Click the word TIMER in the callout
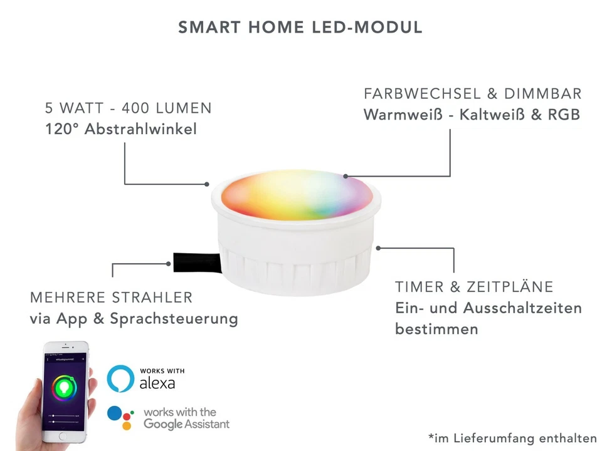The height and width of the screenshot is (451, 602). [x=419, y=287]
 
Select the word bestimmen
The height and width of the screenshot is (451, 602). [x=436, y=329]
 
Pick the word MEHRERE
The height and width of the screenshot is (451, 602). [x=66, y=297]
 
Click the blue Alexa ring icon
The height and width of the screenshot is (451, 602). [x=120, y=379]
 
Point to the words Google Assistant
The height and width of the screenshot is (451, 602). [x=187, y=424]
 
